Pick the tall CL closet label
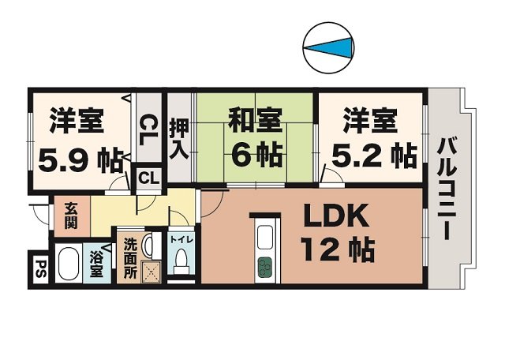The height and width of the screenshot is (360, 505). (148, 128)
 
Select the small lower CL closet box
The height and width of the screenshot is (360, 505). (148, 179)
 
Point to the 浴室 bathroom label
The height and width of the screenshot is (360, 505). (96, 264)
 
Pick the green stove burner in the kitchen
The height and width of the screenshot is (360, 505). (263, 268)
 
